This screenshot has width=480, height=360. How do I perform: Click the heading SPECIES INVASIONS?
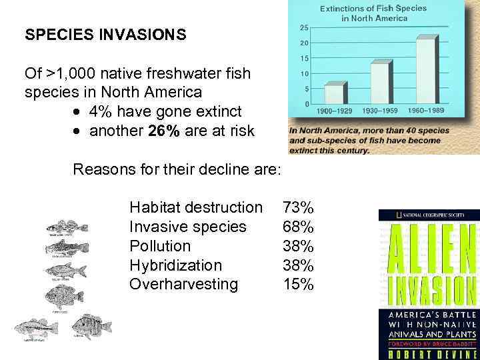pos(105,35)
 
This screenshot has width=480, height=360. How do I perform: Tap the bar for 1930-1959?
pos(380,83)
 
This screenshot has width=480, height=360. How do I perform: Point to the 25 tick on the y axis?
pos(303,27)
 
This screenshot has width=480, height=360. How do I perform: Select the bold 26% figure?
pos(164,131)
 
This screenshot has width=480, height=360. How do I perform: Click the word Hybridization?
pos(175,265)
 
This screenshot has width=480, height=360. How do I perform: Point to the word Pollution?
pos(160,246)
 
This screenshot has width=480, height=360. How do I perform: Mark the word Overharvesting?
pos(183,285)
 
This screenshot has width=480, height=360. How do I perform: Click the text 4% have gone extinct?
pos(165,111)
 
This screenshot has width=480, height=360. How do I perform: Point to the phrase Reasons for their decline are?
pos(177,169)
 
